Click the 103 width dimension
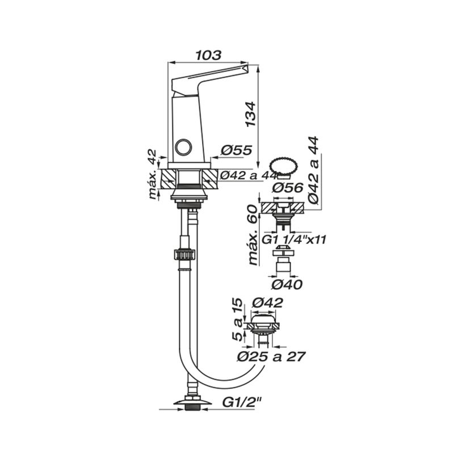208,55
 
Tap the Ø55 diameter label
236,150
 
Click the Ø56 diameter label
288,188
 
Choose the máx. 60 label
253,235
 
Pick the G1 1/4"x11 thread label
293,239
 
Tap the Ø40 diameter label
287,285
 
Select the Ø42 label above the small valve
267,303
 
